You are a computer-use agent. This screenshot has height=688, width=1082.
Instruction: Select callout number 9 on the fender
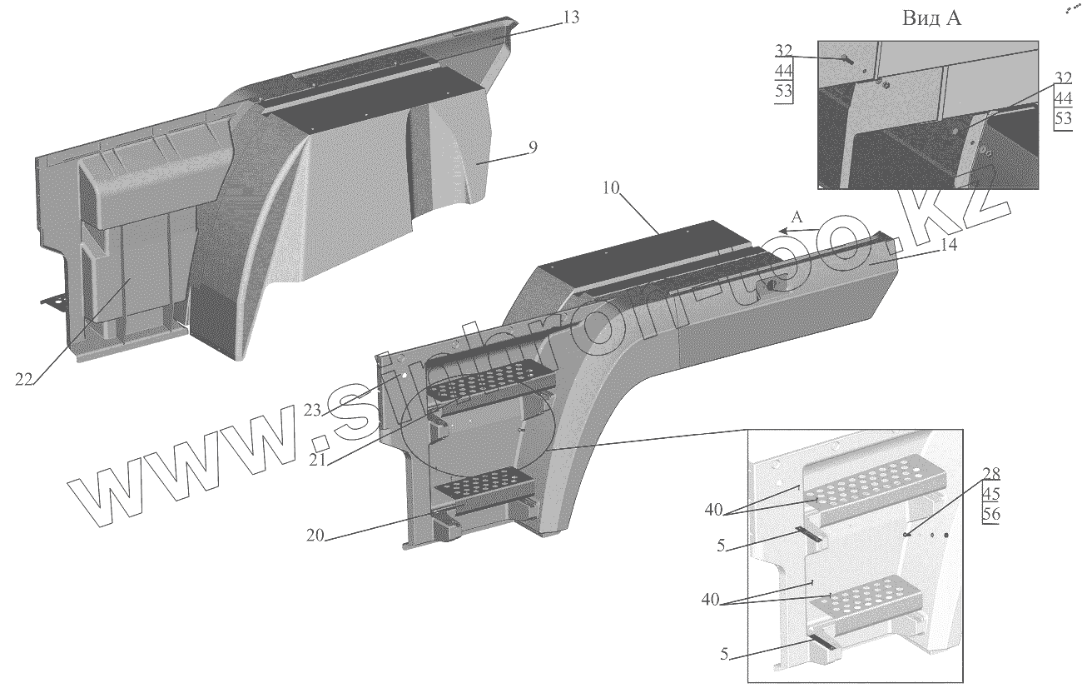pyautogui.click(x=533, y=147)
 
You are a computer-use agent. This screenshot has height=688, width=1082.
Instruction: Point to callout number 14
pyautogui.click(x=949, y=246)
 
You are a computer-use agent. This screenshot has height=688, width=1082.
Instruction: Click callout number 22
pyautogui.click(x=24, y=380)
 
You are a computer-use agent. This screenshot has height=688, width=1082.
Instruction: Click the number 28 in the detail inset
pyautogui.click(x=990, y=475)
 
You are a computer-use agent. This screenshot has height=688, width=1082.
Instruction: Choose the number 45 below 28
pyautogui.click(x=990, y=494)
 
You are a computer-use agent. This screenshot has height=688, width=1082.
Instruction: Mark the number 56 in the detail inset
pyautogui.click(x=990, y=514)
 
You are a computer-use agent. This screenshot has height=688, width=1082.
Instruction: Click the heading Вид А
pyautogui.click(x=931, y=20)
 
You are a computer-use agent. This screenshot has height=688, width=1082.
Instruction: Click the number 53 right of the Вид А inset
pyautogui.click(x=1063, y=117)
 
